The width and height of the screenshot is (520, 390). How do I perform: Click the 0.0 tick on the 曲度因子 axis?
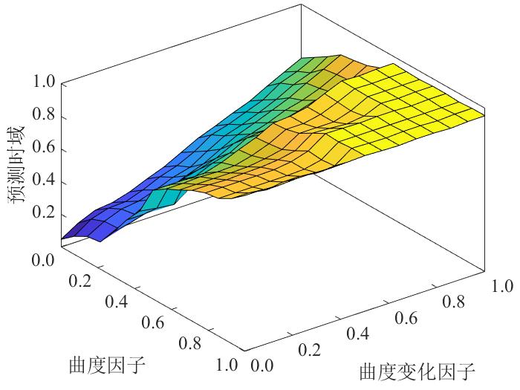click(x=46, y=260)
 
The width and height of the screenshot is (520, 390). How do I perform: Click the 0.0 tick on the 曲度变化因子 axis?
click(x=261, y=365)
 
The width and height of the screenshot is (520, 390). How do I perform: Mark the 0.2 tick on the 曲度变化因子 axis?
click(x=309, y=348)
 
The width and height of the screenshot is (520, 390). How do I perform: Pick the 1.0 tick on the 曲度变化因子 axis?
click(x=501, y=285)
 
